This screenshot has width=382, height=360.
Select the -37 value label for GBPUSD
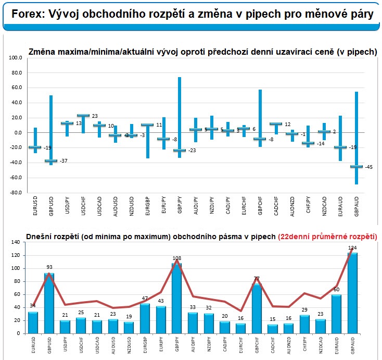point(63,160)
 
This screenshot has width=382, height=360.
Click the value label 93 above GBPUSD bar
point(49,268)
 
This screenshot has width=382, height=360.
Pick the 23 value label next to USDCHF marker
point(95,116)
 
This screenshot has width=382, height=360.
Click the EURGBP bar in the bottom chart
point(146,318)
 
